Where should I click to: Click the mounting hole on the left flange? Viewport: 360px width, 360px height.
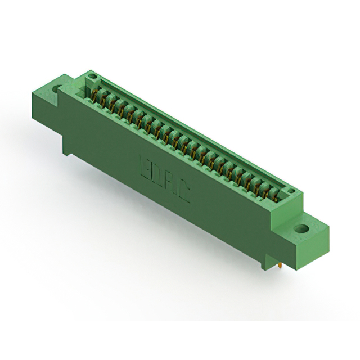[x=57, y=88]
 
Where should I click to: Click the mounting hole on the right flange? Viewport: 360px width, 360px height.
[x=301, y=229]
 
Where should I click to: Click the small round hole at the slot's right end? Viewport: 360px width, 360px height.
[x=291, y=192]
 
